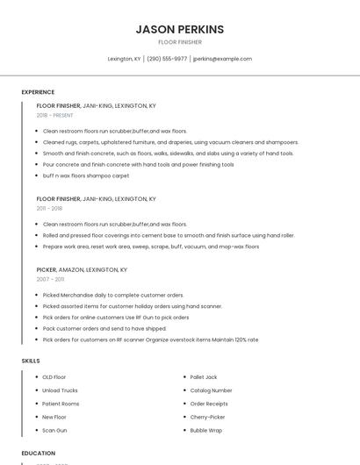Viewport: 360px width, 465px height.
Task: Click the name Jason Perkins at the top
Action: tap(179, 29)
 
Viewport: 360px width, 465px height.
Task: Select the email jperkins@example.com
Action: tap(222, 59)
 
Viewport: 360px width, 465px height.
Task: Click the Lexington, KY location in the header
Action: tap(124, 59)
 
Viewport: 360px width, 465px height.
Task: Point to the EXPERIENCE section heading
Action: tap(38, 92)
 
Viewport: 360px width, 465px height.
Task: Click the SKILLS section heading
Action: tap(31, 361)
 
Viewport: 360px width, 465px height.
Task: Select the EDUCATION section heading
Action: tap(38, 454)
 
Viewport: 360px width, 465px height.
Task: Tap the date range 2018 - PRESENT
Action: tap(55, 115)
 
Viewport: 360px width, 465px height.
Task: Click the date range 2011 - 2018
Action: tap(49, 209)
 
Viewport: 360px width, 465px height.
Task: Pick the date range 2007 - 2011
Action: tap(50, 279)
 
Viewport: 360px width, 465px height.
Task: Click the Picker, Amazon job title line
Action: tap(82, 270)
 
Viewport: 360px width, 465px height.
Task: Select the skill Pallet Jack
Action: tap(204, 377)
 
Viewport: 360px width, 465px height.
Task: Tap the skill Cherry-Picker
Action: tap(207, 417)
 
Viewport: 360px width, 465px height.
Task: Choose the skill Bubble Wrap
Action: tap(206, 431)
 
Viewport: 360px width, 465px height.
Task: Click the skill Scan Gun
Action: tap(54, 431)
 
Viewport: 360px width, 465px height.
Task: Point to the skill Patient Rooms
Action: tap(61, 404)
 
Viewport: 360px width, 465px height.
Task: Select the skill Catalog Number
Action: tap(211, 390)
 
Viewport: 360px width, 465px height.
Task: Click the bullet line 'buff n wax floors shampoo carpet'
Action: tap(86, 175)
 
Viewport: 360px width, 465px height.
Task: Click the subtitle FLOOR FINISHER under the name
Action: tap(179, 42)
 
